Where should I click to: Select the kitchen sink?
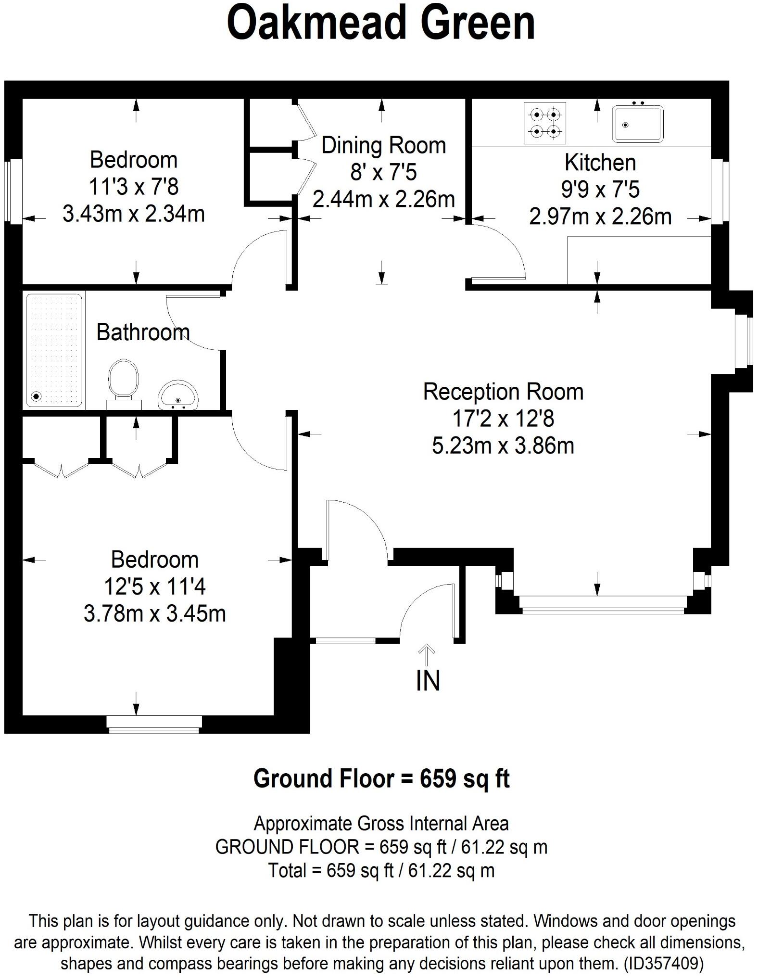tap(637, 124)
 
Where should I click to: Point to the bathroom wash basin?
tap(178, 395)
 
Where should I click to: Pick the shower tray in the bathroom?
tap(54, 350)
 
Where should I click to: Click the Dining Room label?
tap(383, 145)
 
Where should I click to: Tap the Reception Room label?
tap(503, 392)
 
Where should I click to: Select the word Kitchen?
tap(600, 163)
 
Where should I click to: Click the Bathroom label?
tap(143, 332)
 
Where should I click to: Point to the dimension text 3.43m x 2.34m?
tap(134, 214)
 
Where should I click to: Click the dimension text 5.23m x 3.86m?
tap(503, 446)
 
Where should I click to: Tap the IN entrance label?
tap(428, 681)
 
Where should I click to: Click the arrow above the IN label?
tap(427, 654)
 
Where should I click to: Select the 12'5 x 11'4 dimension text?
tap(154, 587)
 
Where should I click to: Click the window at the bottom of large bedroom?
tap(154, 725)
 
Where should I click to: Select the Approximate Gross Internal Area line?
tap(381, 824)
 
